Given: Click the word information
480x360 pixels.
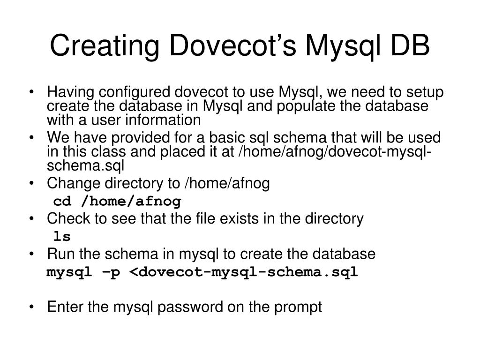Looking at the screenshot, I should point(164,120).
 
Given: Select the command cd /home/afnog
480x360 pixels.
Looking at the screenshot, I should point(117,202).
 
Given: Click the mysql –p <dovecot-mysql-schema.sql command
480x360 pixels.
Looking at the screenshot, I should point(202,272).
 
